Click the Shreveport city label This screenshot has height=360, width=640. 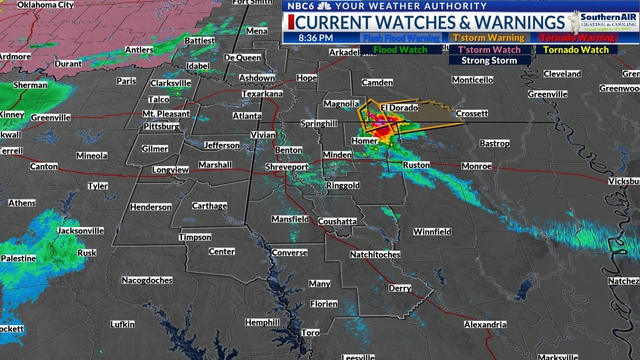(287, 167)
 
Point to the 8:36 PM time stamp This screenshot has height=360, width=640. (316, 38)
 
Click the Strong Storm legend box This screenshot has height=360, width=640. (489, 61)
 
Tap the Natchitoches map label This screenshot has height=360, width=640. (375, 254)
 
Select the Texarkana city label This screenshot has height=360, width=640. (262, 94)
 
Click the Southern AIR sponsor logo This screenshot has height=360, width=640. (602, 22)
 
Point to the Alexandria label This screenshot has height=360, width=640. (485, 325)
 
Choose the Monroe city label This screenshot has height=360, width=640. (476, 166)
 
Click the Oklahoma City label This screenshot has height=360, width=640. (45, 5)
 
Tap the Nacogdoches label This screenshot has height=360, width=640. (147, 280)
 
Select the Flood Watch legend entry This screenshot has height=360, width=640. (400, 50)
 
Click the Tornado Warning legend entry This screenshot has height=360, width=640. (576, 38)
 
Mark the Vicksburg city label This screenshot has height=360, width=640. (625, 181)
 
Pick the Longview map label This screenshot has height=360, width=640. (171, 169)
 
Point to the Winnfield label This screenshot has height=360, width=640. (432, 232)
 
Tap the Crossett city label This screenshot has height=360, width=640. (472, 114)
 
